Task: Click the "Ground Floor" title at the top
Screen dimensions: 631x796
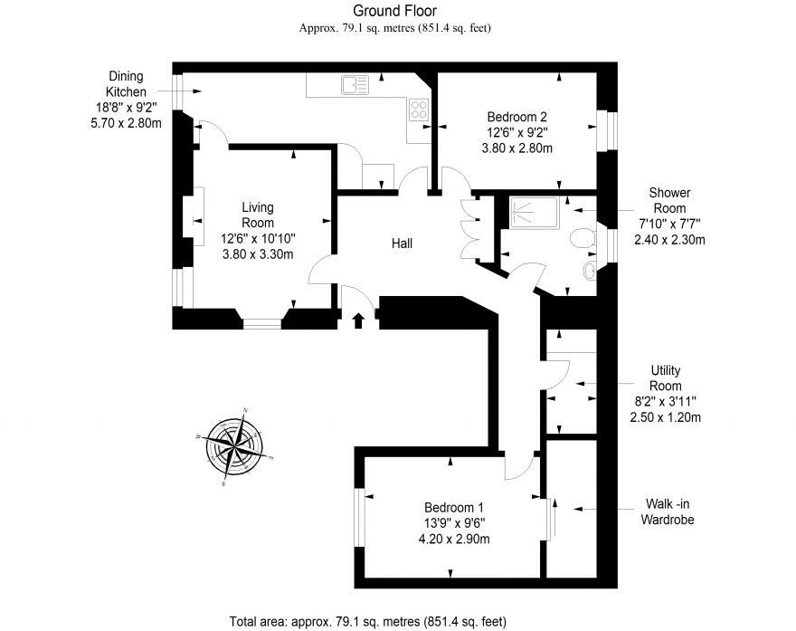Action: [394, 11]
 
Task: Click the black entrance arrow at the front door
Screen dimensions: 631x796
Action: [358, 320]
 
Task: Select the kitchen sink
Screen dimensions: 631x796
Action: [354, 86]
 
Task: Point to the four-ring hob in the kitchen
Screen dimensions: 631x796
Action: [419, 110]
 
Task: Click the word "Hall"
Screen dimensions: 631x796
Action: [403, 244]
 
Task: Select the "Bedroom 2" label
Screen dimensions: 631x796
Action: [516, 117]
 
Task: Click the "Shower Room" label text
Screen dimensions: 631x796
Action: [669, 200]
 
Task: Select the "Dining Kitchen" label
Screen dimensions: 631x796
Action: [126, 84]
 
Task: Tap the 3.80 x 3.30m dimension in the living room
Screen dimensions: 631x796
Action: [257, 254]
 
